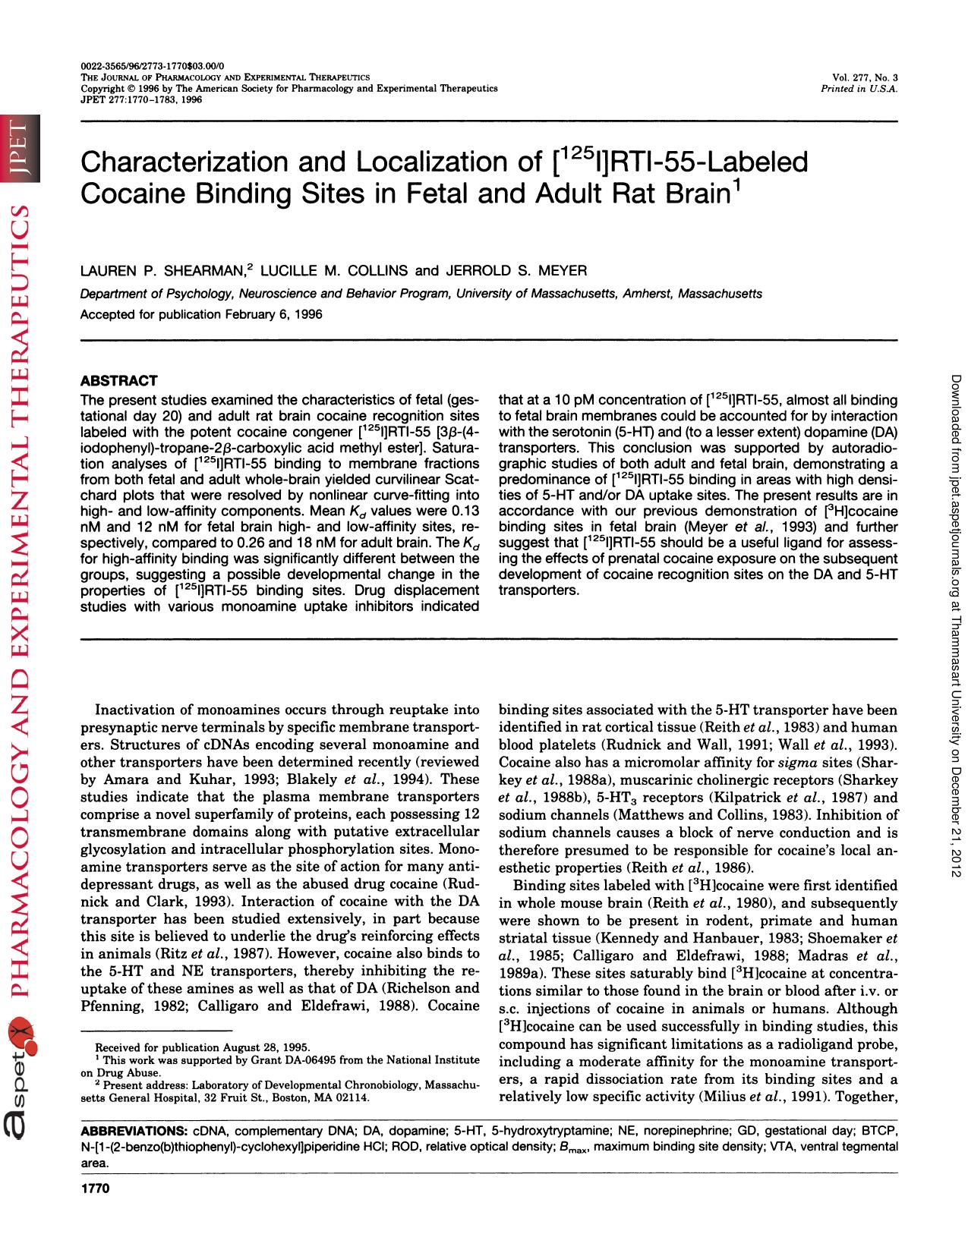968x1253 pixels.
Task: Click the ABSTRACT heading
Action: pos(119,380)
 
